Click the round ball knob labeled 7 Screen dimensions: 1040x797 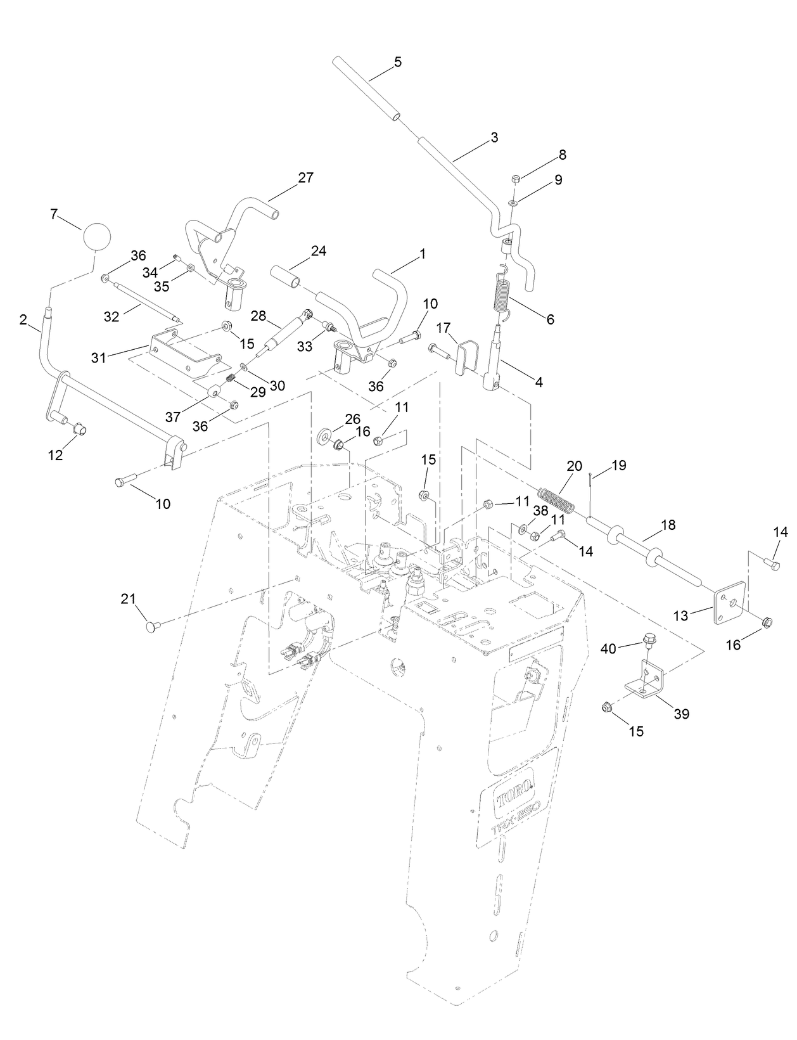click(x=97, y=237)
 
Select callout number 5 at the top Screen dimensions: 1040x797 click(x=397, y=62)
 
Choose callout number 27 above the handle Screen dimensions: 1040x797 click(x=305, y=177)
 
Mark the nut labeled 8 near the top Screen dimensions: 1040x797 click(x=515, y=179)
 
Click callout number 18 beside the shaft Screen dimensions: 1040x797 click(x=668, y=525)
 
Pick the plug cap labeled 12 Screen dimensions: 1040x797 click(x=80, y=430)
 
